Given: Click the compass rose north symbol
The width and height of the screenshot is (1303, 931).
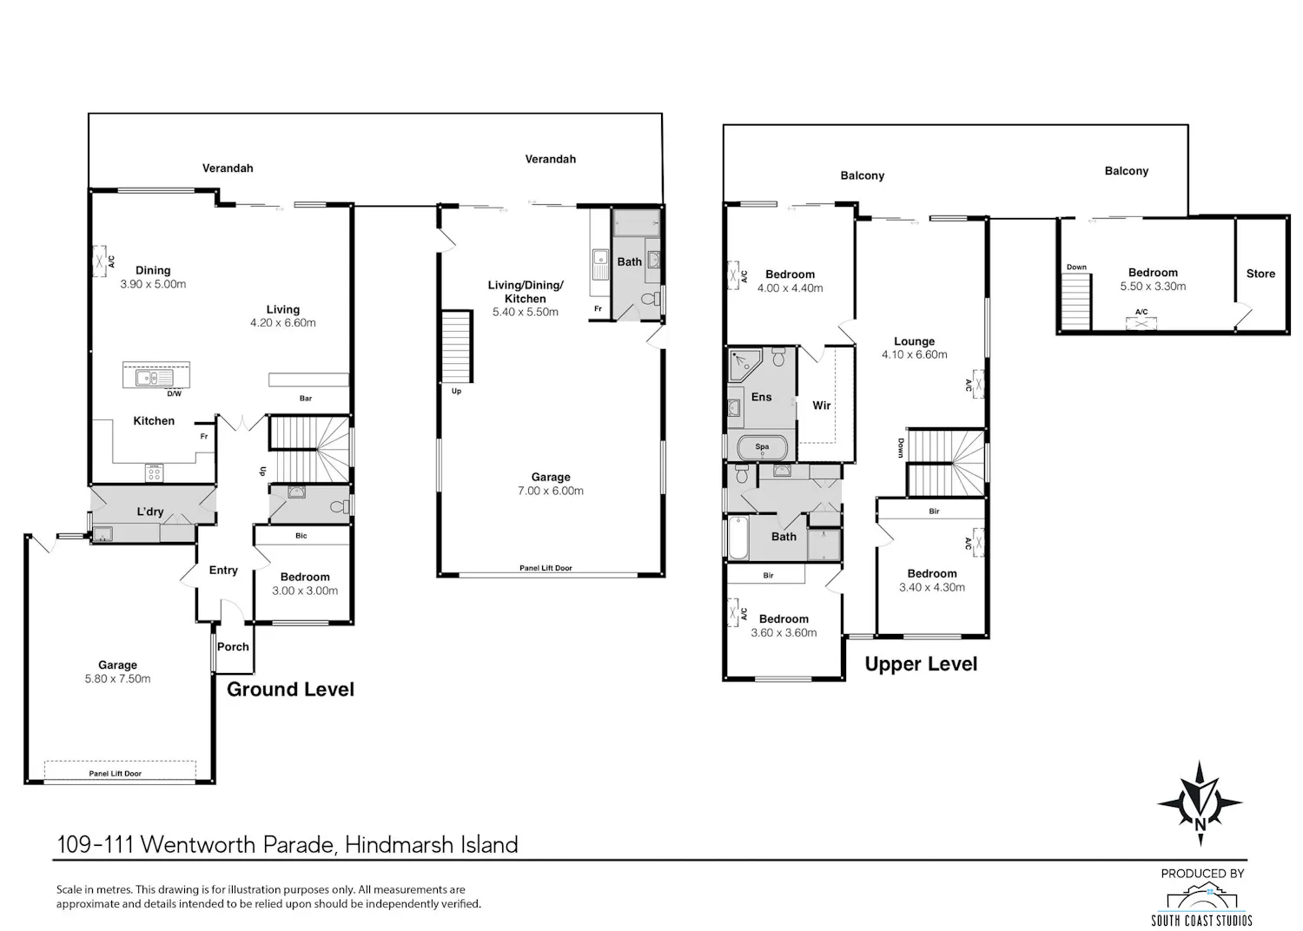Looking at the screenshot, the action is pyautogui.click(x=1200, y=802).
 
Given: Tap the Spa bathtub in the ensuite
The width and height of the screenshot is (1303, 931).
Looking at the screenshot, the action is pyautogui.click(x=762, y=447).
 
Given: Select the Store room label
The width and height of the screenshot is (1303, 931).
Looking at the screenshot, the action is pyautogui.click(x=1260, y=274).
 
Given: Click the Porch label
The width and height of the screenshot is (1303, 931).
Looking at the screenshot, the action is pyautogui.click(x=233, y=647).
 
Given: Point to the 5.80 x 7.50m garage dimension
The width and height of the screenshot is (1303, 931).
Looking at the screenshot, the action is pyautogui.click(x=117, y=678).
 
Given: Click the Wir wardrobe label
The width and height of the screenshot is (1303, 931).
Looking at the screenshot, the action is pyautogui.click(x=822, y=406).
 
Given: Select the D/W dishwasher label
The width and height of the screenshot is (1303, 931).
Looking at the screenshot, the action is pyautogui.click(x=174, y=393).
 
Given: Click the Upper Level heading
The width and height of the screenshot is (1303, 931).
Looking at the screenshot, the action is pyautogui.click(x=921, y=664).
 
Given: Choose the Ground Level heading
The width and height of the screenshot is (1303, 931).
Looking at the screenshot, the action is pyautogui.click(x=290, y=689).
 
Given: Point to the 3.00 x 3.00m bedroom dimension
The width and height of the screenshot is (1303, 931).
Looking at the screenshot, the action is pyautogui.click(x=305, y=591).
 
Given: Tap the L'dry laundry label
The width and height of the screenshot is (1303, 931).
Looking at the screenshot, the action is pyautogui.click(x=150, y=512).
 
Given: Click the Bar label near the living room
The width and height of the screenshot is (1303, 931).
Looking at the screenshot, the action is pyautogui.click(x=306, y=399).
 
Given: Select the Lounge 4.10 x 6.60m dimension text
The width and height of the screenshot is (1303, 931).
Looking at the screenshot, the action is pyautogui.click(x=915, y=354).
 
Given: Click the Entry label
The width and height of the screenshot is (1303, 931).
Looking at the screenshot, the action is pyautogui.click(x=223, y=571).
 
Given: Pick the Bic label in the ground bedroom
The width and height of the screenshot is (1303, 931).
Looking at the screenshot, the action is pyautogui.click(x=301, y=536).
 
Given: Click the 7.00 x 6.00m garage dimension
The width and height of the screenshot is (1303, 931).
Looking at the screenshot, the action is pyautogui.click(x=550, y=490).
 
